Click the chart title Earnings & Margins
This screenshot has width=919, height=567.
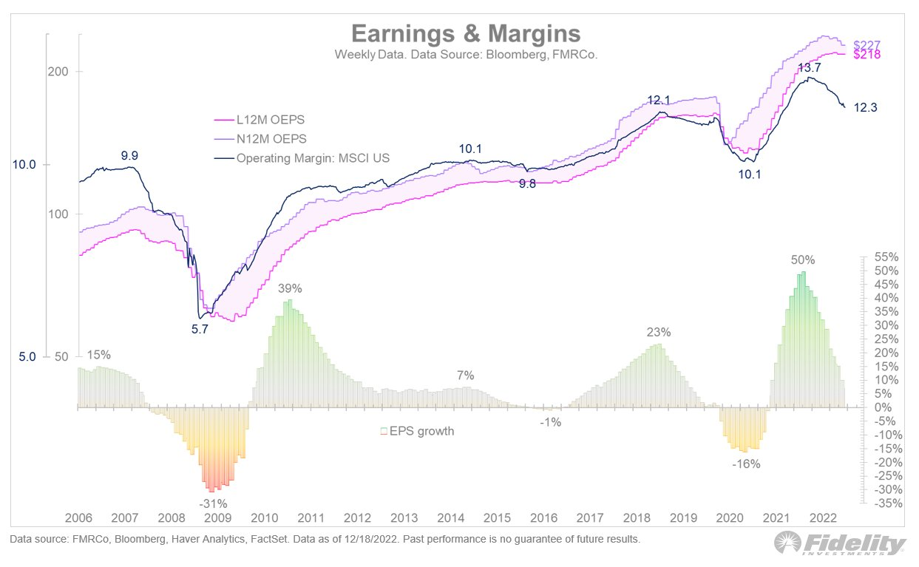tap(465, 34)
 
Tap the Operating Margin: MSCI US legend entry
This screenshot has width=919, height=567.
tap(313, 157)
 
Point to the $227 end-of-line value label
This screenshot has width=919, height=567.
tap(867, 44)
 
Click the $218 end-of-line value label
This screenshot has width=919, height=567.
tap(867, 55)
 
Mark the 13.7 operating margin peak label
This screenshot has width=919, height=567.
tap(809, 67)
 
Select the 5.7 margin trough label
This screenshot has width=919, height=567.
tap(200, 330)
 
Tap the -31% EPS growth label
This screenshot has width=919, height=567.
tap(213, 504)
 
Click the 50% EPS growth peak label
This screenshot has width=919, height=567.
tap(802, 260)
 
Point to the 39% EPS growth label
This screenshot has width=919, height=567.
tap(290, 288)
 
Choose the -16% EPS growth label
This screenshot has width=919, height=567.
tap(746, 464)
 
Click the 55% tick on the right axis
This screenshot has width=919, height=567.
tap(885, 257)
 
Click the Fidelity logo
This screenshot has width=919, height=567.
tap(841, 545)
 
